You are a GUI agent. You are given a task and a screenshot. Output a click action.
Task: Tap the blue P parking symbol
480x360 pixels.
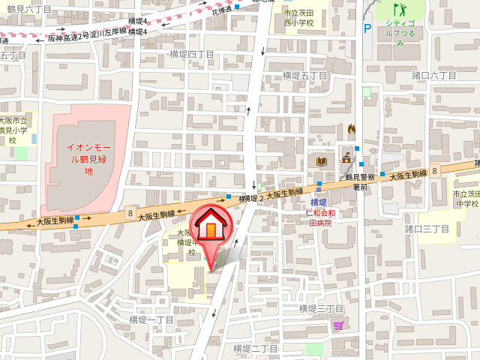pos(367,28)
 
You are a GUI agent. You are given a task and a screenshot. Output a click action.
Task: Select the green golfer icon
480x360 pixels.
pos(400,11)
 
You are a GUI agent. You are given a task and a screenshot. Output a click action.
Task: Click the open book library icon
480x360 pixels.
pos(322,161)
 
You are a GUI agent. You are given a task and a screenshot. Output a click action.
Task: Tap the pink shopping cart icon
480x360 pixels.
pos(338,324)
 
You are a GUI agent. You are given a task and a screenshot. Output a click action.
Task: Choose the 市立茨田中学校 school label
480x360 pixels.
pos(466,199)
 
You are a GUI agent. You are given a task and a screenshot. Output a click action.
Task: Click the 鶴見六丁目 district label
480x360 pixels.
pos(29,9)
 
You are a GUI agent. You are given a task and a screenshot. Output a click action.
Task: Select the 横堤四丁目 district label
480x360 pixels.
pos(191,54)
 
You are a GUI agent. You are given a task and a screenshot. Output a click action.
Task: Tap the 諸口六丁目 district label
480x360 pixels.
pos(434,76)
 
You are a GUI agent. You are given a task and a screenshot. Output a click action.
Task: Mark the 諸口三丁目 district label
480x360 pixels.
pos(427,228)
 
